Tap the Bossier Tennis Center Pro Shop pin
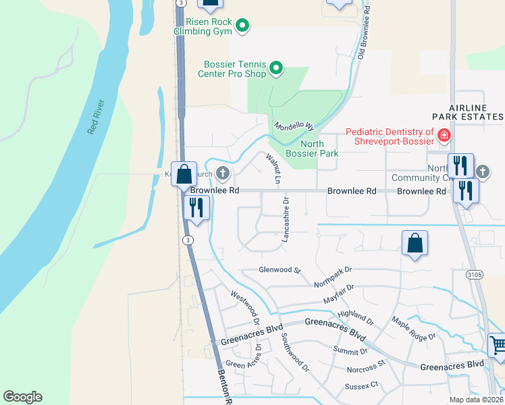[x=275, y=68]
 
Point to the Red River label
[x=96, y=117]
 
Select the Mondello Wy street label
[x=294, y=126]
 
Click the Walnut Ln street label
[x=273, y=169]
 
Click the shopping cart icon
[x=498, y=346]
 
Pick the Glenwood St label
[x=279, y=270]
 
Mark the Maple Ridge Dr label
[x=413, y=328]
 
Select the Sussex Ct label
[x=362, y=386]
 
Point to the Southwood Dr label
[x=295, y=353]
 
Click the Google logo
[x=22, y=397]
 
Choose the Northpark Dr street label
[x=333, y=278]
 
